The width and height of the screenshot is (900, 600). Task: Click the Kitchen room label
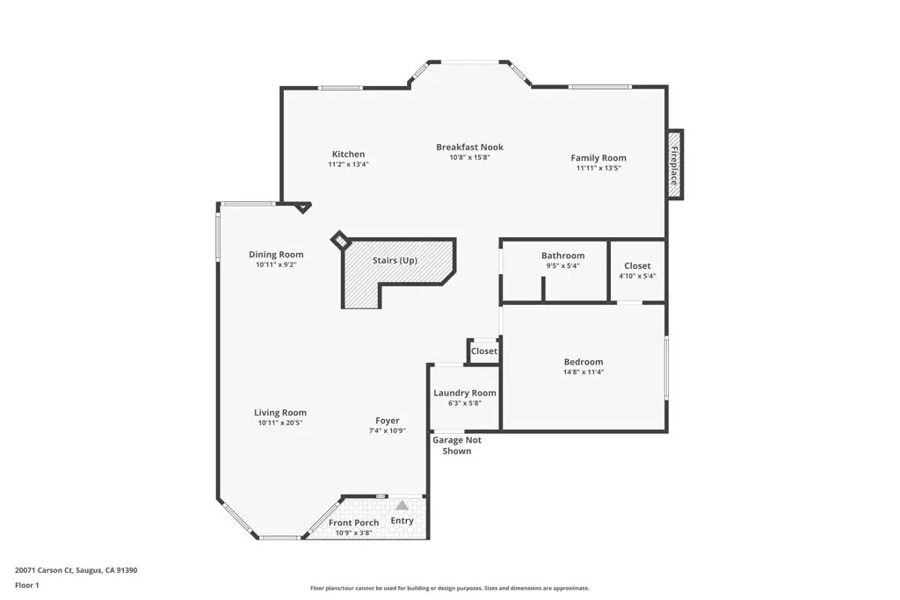click(348, 155)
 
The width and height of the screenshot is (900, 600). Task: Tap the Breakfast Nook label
click(469, 148)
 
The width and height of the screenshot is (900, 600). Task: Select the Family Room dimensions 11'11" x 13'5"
click(599, 168)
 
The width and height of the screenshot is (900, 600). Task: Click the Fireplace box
click(675, 164)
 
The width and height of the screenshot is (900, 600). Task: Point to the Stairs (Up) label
click(395, 261)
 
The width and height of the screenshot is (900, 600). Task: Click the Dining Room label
click(276, 255)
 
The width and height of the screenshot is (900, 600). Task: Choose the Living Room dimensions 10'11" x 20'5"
click(280, 423)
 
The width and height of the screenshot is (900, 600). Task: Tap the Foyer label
click(387, 421)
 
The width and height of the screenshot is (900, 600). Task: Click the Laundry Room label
click(464, 393)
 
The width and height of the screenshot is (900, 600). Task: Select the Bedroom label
click(583, 362)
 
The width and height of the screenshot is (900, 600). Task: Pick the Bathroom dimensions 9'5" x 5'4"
click(562, 266)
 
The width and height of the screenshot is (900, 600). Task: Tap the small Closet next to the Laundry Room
click(483, 351)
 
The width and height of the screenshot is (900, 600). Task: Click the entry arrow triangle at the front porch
click(402, 505)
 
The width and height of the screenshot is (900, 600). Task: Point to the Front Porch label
click(353, 524)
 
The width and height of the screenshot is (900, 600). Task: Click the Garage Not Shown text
click(456, 445)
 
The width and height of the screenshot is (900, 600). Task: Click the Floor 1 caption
click(27, 585)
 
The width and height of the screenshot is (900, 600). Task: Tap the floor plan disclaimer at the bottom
click(449, 589)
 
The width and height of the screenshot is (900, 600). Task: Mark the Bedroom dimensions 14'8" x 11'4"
click(583, 372)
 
